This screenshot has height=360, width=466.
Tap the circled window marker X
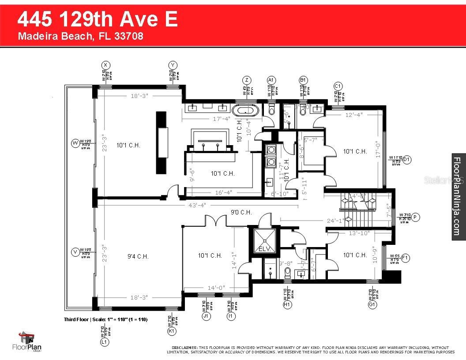[x=105, y=65]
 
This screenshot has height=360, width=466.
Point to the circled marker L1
[x=105, y=342]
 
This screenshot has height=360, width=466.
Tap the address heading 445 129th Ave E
[x=98, y=20]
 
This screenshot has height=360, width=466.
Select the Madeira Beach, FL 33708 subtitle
[x=80, y=36]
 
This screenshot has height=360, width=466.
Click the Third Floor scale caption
[x=105, y=319]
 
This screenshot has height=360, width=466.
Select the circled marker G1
[x=372, y=304]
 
